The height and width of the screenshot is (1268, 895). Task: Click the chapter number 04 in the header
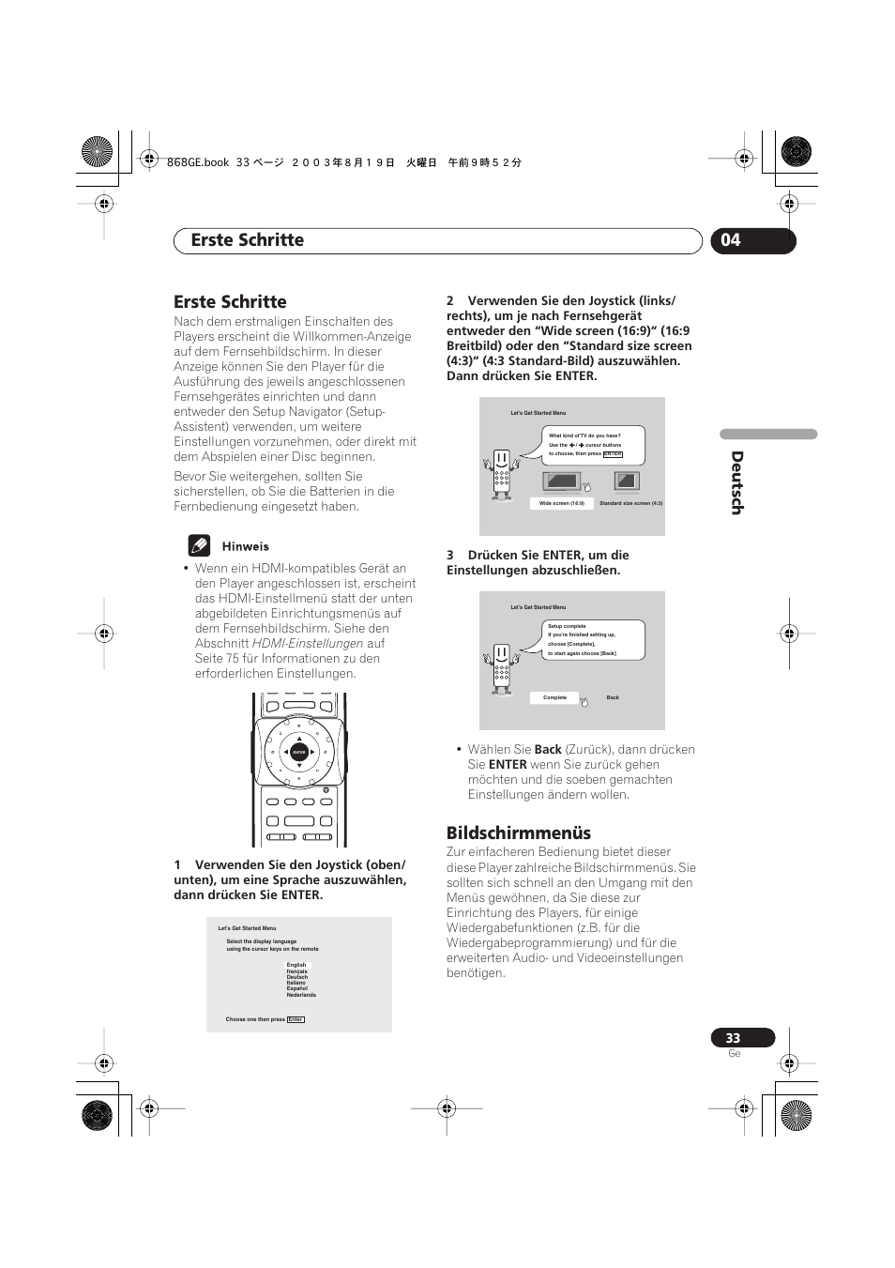click(x=731, y=240)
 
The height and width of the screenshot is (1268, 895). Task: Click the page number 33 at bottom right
click(x=733, y=1038)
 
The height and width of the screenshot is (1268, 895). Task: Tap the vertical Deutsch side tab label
click(x=736, y=482)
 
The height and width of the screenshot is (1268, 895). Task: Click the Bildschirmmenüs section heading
click(x=518, y=833)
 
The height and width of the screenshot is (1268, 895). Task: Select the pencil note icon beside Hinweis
click(x=199, y=545)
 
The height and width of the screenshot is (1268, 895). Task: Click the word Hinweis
click(x=245, y=546)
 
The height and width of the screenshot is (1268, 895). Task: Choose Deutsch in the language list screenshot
click(x=297, y=977)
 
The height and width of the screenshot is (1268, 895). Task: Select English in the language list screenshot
click(x=296, y=965)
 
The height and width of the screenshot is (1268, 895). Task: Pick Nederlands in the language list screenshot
click(x=301, y=995)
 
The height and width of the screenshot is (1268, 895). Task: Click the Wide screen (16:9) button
click(x=561, y=503)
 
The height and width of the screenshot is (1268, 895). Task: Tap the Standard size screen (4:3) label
click(x=630, y=503)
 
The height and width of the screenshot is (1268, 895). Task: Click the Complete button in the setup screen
click(x=554, y=697)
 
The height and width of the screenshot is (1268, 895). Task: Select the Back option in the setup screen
click(x=613, y=697)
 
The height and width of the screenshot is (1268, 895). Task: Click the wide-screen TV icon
click(x=561, y=481)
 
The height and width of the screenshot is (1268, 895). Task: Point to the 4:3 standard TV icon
click(x=626, y=481)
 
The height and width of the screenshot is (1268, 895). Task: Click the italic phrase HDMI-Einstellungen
click(x=307, y=644)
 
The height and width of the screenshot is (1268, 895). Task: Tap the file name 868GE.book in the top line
click(x=197, y=162)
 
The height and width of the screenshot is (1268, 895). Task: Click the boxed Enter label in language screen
click(x=296, y=1019)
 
